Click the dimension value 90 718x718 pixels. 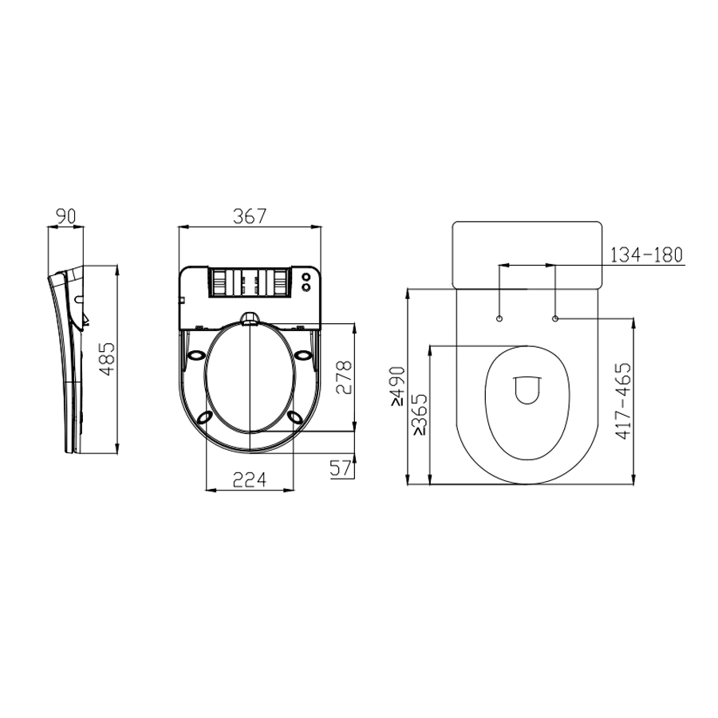(65, 215)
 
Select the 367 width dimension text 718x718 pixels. (249, 215)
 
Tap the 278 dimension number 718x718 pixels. (344, 377)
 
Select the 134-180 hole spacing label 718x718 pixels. (646, 255)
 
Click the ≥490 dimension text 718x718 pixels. (397, 386)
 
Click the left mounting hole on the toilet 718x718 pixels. (499, 319)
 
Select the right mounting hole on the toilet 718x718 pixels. (555, 319)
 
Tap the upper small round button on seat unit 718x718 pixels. (306, 277)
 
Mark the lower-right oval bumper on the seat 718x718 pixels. (296, 416)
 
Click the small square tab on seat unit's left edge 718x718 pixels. (181, 301)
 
